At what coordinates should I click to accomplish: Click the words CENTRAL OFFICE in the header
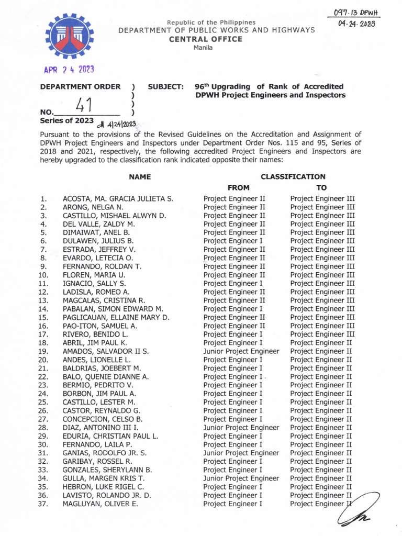pos(209,39)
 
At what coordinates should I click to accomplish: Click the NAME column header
pos(140,177)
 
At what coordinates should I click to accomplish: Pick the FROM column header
pos(238,187)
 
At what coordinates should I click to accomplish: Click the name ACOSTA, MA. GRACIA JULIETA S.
pos(118,199)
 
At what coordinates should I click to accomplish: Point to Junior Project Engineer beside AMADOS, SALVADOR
pos(241,351)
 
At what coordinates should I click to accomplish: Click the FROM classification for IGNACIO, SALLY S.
pos(233,283)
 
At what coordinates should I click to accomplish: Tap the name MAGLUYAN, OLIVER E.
pos(100,504)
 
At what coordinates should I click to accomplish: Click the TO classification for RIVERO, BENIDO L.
pos(322,334)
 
